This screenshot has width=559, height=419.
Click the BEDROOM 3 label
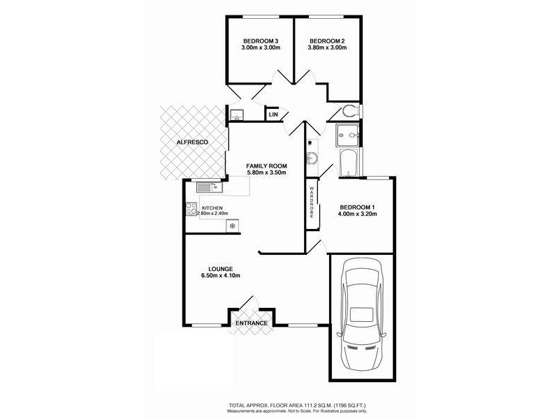point(261,40)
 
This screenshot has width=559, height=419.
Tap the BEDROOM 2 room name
point(328,40)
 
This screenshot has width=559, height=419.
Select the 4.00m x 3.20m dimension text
point(358,214)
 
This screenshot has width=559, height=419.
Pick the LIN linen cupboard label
point(273,114)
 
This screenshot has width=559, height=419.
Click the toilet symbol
point(351,111)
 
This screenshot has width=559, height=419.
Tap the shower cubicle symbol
point(347,132)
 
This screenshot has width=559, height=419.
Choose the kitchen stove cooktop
point(191,208)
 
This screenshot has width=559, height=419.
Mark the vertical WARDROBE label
point(312,202)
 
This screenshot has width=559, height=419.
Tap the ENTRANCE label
point(252,323)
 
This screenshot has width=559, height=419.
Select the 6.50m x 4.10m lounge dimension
point(221,276)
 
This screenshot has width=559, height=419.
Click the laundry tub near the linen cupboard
point(236,115)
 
